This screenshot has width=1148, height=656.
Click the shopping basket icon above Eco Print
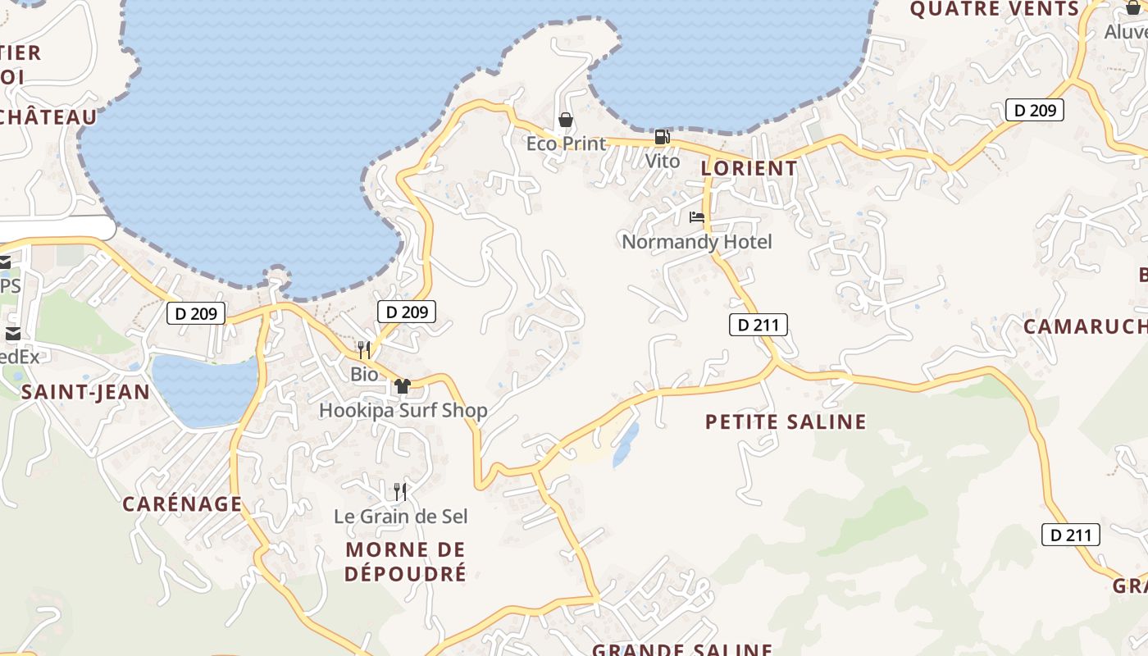tap(565, 121)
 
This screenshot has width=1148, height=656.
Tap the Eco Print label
tap(566, 143)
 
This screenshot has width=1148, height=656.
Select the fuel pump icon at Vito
tap(662, 137)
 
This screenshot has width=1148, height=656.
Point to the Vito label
tap(662, 161)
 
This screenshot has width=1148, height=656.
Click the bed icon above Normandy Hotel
tap(697, 217)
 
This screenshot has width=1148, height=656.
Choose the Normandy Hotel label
tap(697, 242)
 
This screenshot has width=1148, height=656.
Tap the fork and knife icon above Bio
tap(364, 350)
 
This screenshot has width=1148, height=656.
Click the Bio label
tap(364, 375)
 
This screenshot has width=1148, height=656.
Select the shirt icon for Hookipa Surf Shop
tap(402, 386)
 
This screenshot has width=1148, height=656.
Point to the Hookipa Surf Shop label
tap(403, 410)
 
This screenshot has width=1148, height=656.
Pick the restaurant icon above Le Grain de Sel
tap(399, 492)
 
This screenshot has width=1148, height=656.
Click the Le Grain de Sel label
tap(401, 517)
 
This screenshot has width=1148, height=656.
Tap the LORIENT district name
tap(749, 168)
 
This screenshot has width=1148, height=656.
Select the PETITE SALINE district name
tap(786, 421)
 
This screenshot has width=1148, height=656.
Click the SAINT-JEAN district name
tap(85, 392)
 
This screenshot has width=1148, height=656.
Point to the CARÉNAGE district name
tap(182, 503)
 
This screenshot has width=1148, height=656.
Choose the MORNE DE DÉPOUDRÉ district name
tap(405, 561)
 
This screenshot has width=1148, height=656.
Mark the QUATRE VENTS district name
tap(994, 9)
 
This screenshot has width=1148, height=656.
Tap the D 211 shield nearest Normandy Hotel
tap(758, 326)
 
